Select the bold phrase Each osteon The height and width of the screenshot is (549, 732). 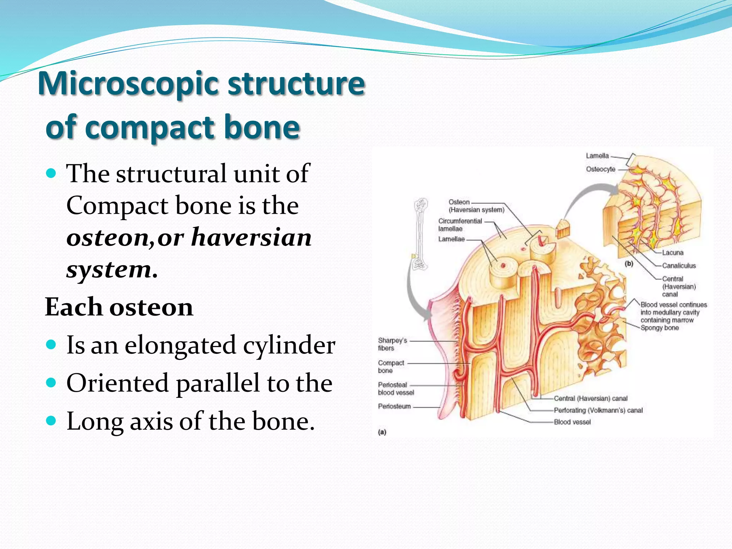click(119, 307)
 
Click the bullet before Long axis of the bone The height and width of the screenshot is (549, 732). click(51, 421)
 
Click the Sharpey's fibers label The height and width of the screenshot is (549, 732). click(392, 344)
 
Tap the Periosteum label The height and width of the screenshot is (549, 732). click(394, 406)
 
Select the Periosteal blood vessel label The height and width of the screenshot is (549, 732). click(396, 389)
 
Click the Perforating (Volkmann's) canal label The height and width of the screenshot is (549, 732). click(598, 410)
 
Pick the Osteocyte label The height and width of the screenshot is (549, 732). click(600, 169)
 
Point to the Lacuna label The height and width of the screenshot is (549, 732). click(672, 253)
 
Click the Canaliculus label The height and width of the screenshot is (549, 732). click(678, 266)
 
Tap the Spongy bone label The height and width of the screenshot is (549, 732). click(659, 328)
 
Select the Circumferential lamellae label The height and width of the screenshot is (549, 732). click(460, 225)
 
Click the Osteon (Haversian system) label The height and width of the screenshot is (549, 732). click(476, 206)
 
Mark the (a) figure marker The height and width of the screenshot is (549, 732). click(382, 432)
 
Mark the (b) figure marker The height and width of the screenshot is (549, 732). click(629, 264)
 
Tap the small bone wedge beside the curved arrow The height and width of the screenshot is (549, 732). click(563, 229)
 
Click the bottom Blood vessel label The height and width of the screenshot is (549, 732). click(572, 422)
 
